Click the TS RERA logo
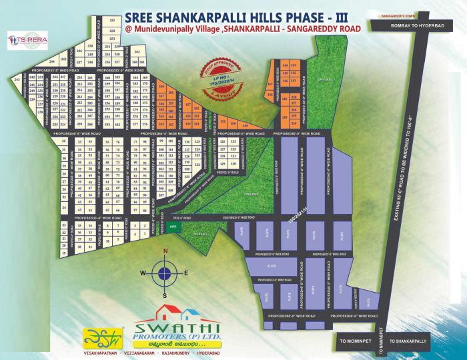click(x=23, y=40)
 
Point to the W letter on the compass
click(x=142, y=273)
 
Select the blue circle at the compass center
click(x=164, y=273)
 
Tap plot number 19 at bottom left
click(x=64, y=254)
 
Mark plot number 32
click(x=64, y=141)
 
